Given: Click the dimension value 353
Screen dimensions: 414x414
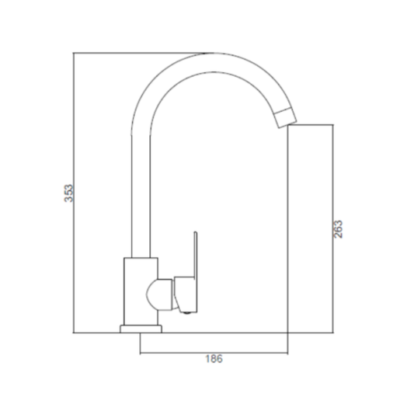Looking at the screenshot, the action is pos(68,193).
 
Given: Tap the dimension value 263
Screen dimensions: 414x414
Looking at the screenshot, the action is pos(338,229).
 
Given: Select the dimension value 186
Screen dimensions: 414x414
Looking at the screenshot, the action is pos(214,359).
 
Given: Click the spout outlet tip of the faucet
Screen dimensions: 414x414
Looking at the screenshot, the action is pos(285,118).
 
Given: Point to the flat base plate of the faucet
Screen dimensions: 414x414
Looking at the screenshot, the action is pos(141,329).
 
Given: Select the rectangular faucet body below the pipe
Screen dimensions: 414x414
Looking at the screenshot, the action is pos(141,291).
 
